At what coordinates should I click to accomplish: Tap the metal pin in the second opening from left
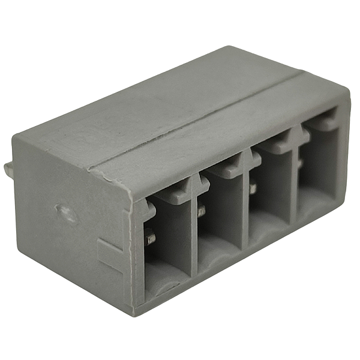click(x=201, y=211)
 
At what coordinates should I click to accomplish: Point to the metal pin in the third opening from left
click(x=253, y=188)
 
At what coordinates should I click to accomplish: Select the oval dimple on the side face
click(x=67, y=213)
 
